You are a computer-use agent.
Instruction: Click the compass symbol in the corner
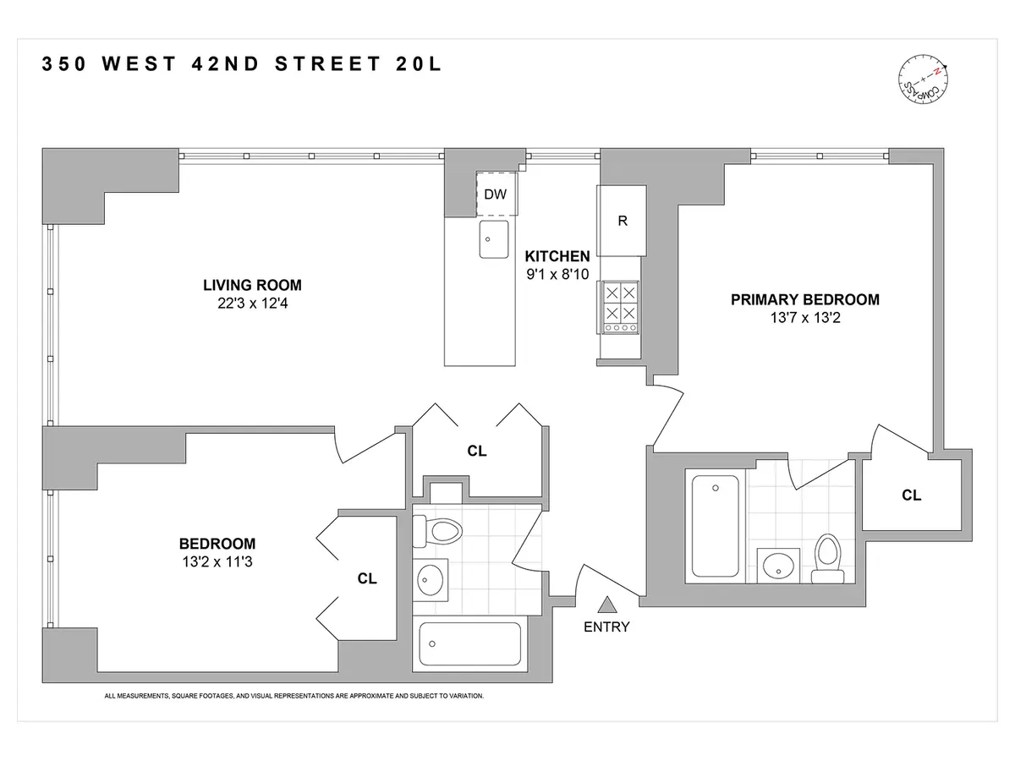tap(923, 82)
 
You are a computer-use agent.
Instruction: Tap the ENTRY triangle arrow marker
tap(606, 605)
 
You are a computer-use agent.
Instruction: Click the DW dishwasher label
tap(495, 194)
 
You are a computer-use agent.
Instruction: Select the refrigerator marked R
tap(622, 221)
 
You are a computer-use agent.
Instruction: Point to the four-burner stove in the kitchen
tap(620, 306)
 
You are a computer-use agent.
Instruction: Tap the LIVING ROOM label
tap(251, 285)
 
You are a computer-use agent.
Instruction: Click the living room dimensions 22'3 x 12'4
tap(251, 303)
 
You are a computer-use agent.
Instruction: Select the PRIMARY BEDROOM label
tap(804, 299)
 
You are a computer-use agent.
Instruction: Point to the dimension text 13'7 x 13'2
tap(804, 317)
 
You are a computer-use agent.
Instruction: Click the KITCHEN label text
tap(557, 255)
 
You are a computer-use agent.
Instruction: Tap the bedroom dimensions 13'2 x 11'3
tap(217, 561)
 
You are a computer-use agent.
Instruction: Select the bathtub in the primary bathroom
tap(716, 525)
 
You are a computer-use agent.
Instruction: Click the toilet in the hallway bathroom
tap(441, 531)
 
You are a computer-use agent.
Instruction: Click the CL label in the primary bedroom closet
tap(911, 495)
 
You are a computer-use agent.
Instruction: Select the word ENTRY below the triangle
tap(606, 627)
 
